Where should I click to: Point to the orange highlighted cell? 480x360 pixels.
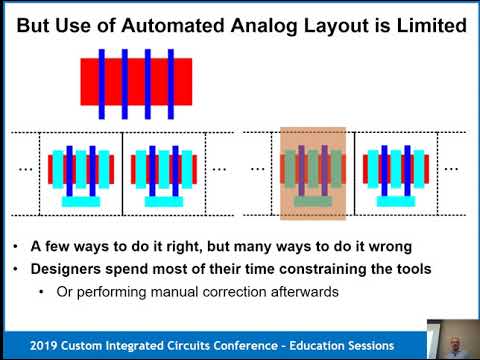(x=313, y=172)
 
